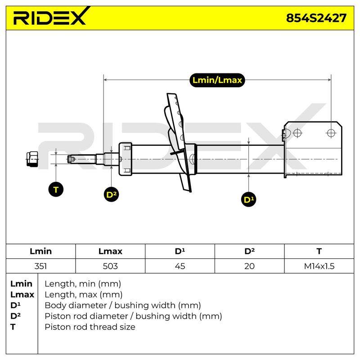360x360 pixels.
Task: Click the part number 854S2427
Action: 316,18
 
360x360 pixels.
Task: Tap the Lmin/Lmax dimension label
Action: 217,80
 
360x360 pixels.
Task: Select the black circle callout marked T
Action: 56,189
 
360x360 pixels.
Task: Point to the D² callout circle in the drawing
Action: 111,194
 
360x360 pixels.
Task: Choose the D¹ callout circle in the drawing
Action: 249,199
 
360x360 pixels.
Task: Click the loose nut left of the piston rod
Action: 32,159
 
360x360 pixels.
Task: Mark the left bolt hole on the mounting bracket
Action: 297,133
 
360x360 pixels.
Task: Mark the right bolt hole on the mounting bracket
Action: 331,133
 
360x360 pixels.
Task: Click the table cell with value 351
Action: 40,266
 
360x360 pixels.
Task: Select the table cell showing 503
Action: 110,266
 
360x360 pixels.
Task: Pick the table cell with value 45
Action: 180,266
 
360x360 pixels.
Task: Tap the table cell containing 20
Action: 249,266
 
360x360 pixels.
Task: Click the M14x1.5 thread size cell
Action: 319,266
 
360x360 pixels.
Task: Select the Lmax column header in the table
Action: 110,251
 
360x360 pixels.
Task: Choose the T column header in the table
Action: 319,251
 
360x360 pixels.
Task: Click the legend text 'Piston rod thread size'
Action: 90,327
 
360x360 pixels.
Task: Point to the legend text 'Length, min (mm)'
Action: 83,284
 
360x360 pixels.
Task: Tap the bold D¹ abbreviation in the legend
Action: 15,306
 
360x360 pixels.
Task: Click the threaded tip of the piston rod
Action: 71,159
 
